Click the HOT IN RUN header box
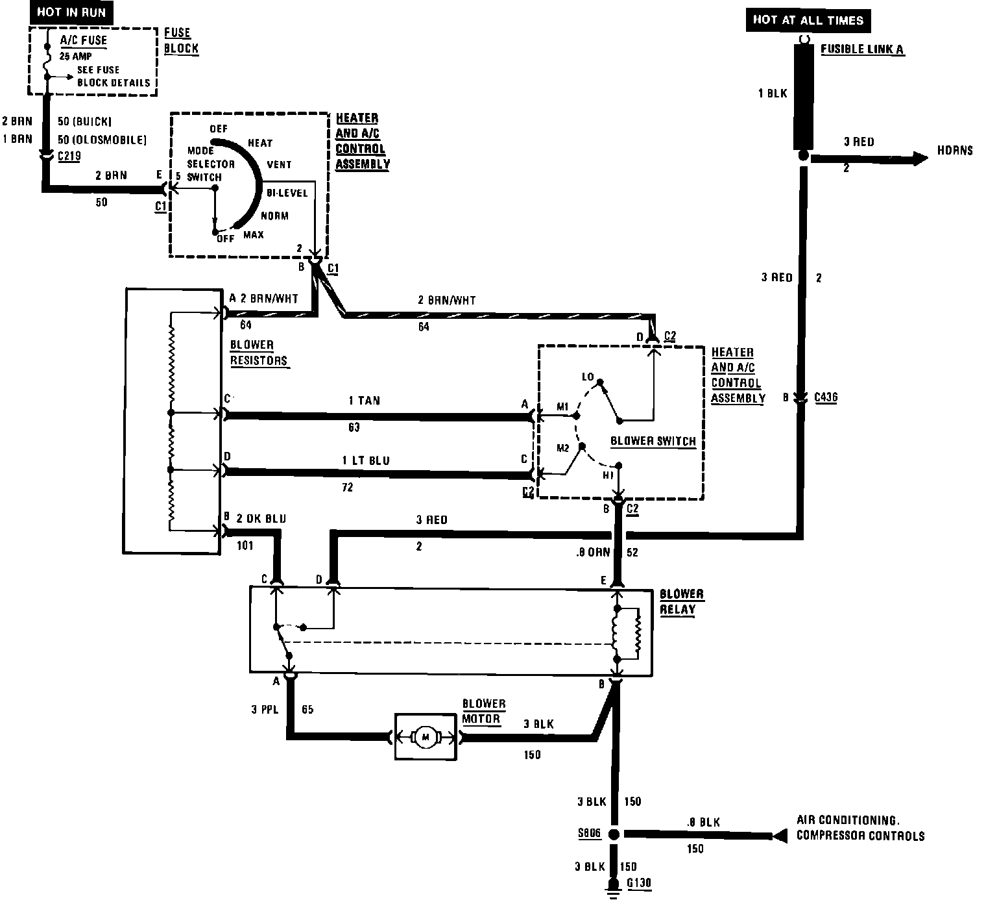coord(71,12)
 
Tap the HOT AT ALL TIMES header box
coord(808,20)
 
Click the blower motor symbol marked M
coord(426,736)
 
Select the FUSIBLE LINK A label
coord(862,49)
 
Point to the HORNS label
coord(954,151)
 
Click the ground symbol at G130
coord(612,887)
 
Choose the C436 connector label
coord(825,397)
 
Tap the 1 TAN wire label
coord(365,401)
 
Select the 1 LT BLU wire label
coord(366,460)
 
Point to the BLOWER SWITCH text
coord(653,441)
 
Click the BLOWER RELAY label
coord(681,602)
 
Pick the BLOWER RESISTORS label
coord(258,353)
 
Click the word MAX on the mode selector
coord(254,234)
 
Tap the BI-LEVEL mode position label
coord(287,194)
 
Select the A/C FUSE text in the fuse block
coord(83,40)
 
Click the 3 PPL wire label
coord(265,710)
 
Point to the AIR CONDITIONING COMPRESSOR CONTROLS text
coord(860,828)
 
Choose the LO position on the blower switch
coord(588,377)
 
